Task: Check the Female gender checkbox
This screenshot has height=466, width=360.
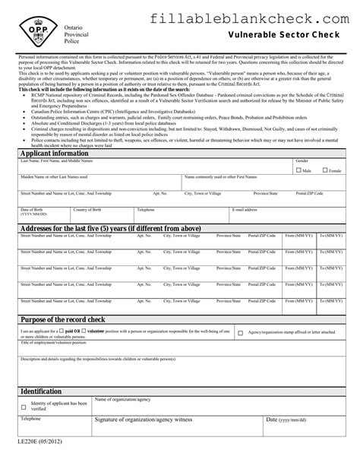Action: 323,170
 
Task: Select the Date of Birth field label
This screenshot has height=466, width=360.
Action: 33,209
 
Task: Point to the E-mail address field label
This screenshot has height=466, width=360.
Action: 245,209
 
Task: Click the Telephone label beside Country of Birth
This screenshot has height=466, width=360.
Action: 145,209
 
